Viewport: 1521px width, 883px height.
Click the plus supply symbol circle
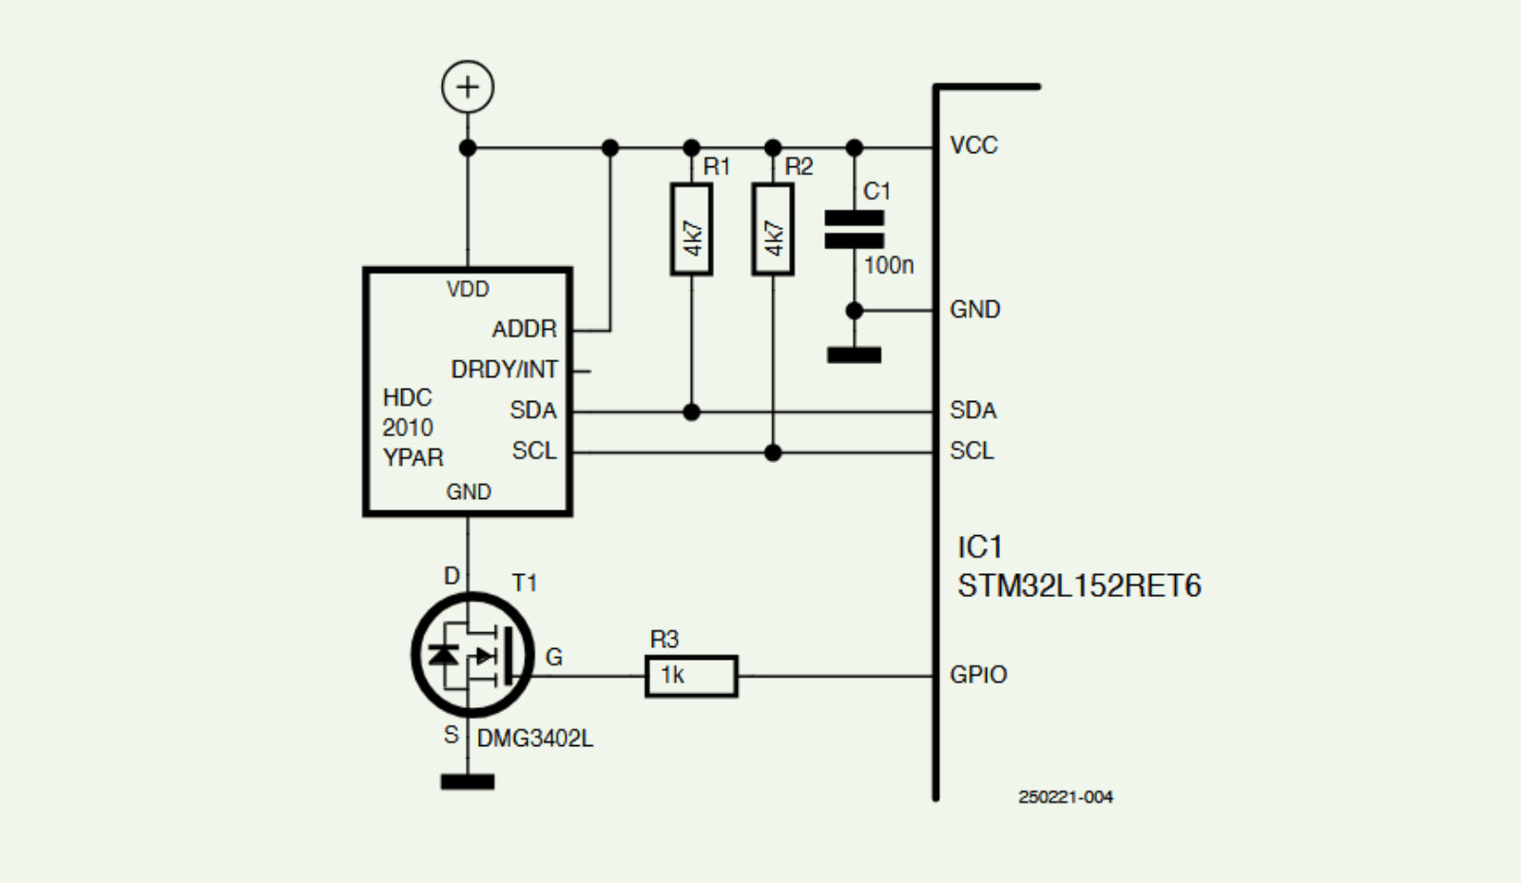tap(468, 87)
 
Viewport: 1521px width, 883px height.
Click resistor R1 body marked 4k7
tap(691, 230)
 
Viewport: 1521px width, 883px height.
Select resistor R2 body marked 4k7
tap(773, 230)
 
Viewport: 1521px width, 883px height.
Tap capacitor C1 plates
tap(854, 229)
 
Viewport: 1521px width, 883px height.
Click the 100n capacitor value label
tap(889, 265)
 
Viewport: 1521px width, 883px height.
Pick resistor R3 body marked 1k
tap(691, 676)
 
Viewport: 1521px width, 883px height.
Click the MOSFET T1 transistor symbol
tap(472, 654)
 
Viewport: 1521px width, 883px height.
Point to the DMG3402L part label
tap(535, 739)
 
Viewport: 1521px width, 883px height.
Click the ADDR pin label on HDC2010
tap(524, 329)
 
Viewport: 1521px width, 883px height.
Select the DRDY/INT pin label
tap(504, 370)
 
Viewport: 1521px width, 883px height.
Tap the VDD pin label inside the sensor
tap(468, 289)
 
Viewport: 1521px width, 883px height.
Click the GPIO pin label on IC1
tap(978, 675)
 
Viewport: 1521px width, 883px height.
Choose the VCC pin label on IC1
tap(973, 145)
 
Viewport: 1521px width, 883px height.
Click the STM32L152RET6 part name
tap(1079, 585)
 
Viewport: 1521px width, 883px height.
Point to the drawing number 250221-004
tap(1065, 797)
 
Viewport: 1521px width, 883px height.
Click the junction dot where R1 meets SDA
tap(691, 413)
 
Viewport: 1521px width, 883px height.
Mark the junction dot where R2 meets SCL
tap(773, 453)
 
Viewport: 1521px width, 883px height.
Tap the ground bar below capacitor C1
tap(854, 355)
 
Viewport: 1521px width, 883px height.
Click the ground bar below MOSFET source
tap(468, 782)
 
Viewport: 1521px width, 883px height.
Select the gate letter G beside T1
tap(554, 657)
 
